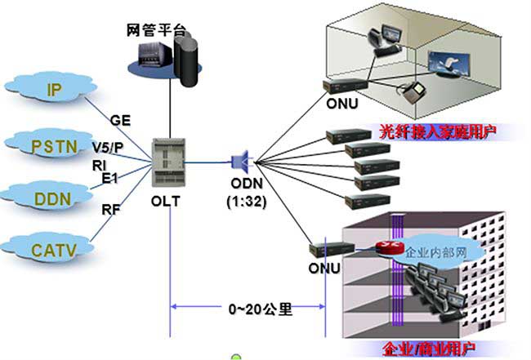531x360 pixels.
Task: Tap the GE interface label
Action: pos(120,120)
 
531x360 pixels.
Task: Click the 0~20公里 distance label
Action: pos(261,309)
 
